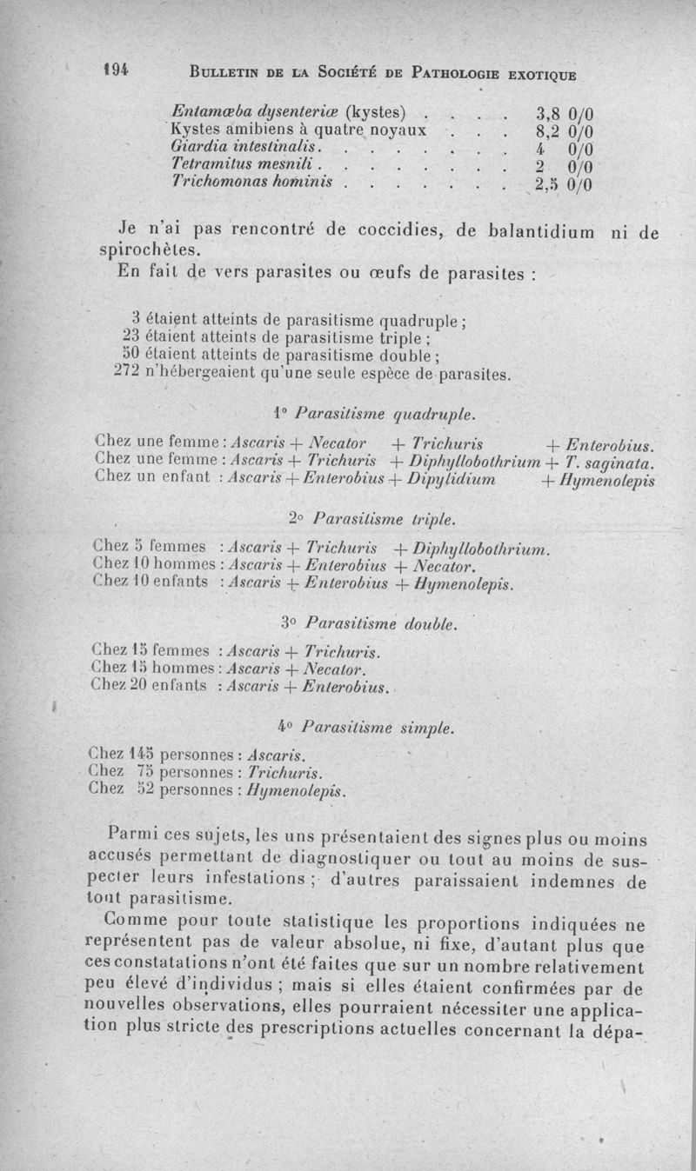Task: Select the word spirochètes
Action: pos(146,250)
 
